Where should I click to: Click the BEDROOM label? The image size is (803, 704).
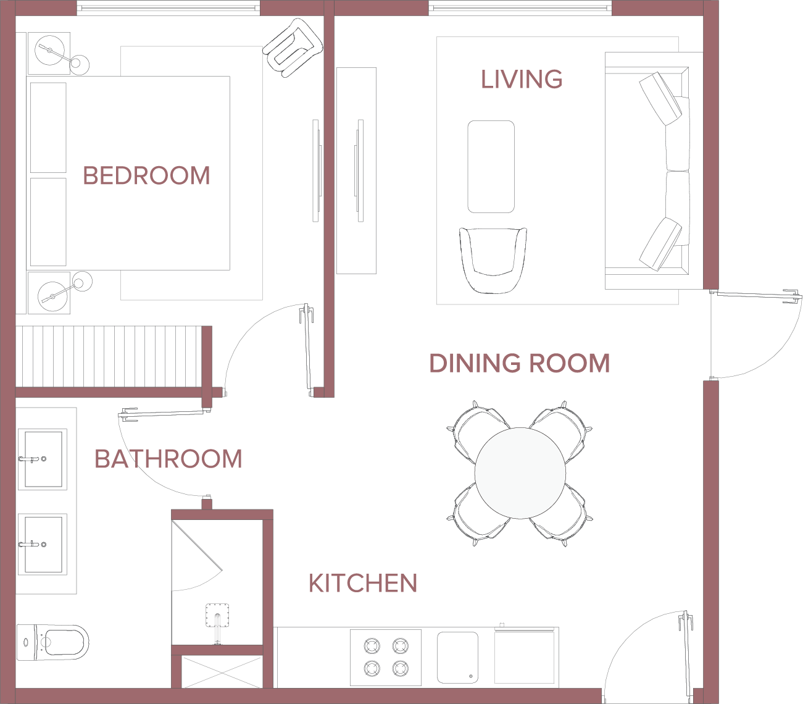pyautogui.click(x=146, y=175)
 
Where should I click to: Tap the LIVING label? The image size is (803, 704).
pyautogui.click(x=522, y=79)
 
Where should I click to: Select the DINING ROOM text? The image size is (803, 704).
pyautogui.click(x=519, y=363)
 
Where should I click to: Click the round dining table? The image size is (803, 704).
pyautogui.click(x=520, y=473)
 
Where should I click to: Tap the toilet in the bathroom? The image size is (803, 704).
pyautogui.click(x=52, y=642)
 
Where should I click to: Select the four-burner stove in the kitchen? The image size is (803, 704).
pyautogui.click(x=386, y=657)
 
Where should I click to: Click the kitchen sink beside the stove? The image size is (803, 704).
pyautogui.click(x=457, y=657)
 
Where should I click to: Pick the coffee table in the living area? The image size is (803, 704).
pyautogui.click(x=491, y=167)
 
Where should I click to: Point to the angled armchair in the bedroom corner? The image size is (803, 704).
pyautogui.click(x=293, y=48)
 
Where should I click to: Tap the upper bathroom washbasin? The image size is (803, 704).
pyautogui.click(x=43, y=459)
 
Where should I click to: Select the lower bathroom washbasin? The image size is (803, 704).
pyautogui.click(x=43, y=544)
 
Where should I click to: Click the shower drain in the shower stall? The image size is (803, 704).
pyautogui.click(x=217, y=615)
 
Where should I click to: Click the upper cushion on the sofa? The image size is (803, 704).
pyautogui.click(x=660, y=98)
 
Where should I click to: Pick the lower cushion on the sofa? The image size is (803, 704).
pyautogui.click(x=660, y=244)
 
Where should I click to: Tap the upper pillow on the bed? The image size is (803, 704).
pyautogui.click(x=48, y=127)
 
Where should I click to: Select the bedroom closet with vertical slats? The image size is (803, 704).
pyautogui.click(x=109, y=356)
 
